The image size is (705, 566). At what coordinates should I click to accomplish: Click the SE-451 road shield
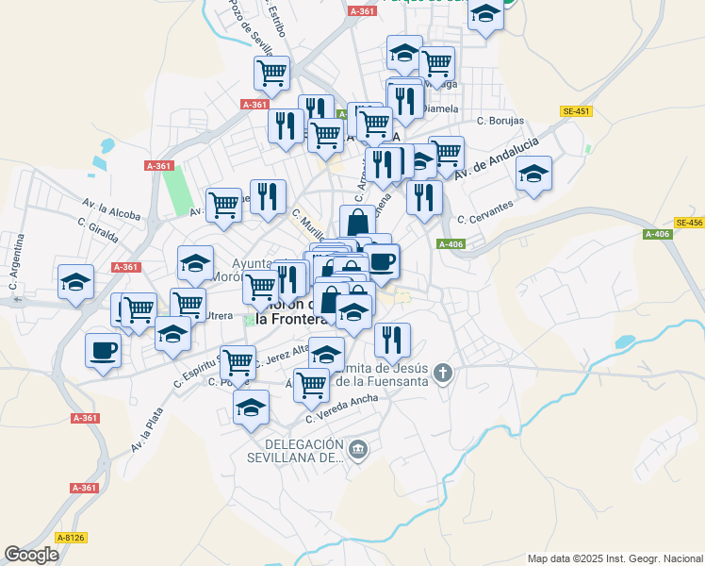coord(576,111)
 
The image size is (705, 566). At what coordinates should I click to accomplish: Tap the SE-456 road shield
coord(689,223)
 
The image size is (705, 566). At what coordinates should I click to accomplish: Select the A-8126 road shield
coord(71,538)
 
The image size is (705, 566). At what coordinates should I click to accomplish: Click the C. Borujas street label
coord(500,121)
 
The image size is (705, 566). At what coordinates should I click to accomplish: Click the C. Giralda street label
coord(98,229)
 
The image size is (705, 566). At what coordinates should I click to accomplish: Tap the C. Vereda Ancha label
coord(342,408)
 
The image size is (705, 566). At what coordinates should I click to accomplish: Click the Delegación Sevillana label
coord(303,451)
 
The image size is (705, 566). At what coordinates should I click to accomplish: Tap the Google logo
coord(31,555)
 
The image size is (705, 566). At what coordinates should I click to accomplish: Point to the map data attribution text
coord(615,558)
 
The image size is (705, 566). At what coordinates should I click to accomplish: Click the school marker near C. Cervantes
coord(533,175)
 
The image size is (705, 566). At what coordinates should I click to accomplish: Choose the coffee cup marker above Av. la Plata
coord(103,351)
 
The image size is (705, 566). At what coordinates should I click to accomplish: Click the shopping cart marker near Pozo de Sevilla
coord(271,72)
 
